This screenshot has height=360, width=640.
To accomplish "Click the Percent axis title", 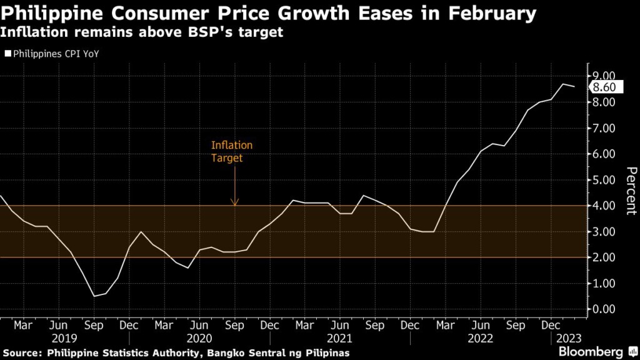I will coord(631,191).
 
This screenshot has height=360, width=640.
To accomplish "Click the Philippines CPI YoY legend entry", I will coord(52,54).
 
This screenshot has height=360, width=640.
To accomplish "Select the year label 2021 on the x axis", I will coord(339,338).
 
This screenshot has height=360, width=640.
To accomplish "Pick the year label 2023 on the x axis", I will coord(569,338).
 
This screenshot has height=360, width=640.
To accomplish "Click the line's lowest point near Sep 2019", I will coord(94,296).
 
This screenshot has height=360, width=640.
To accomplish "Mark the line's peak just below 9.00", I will coord(563,84).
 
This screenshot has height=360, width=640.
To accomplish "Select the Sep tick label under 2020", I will coord(234,326).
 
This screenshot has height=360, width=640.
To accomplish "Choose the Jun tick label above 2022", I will coord(481,326).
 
